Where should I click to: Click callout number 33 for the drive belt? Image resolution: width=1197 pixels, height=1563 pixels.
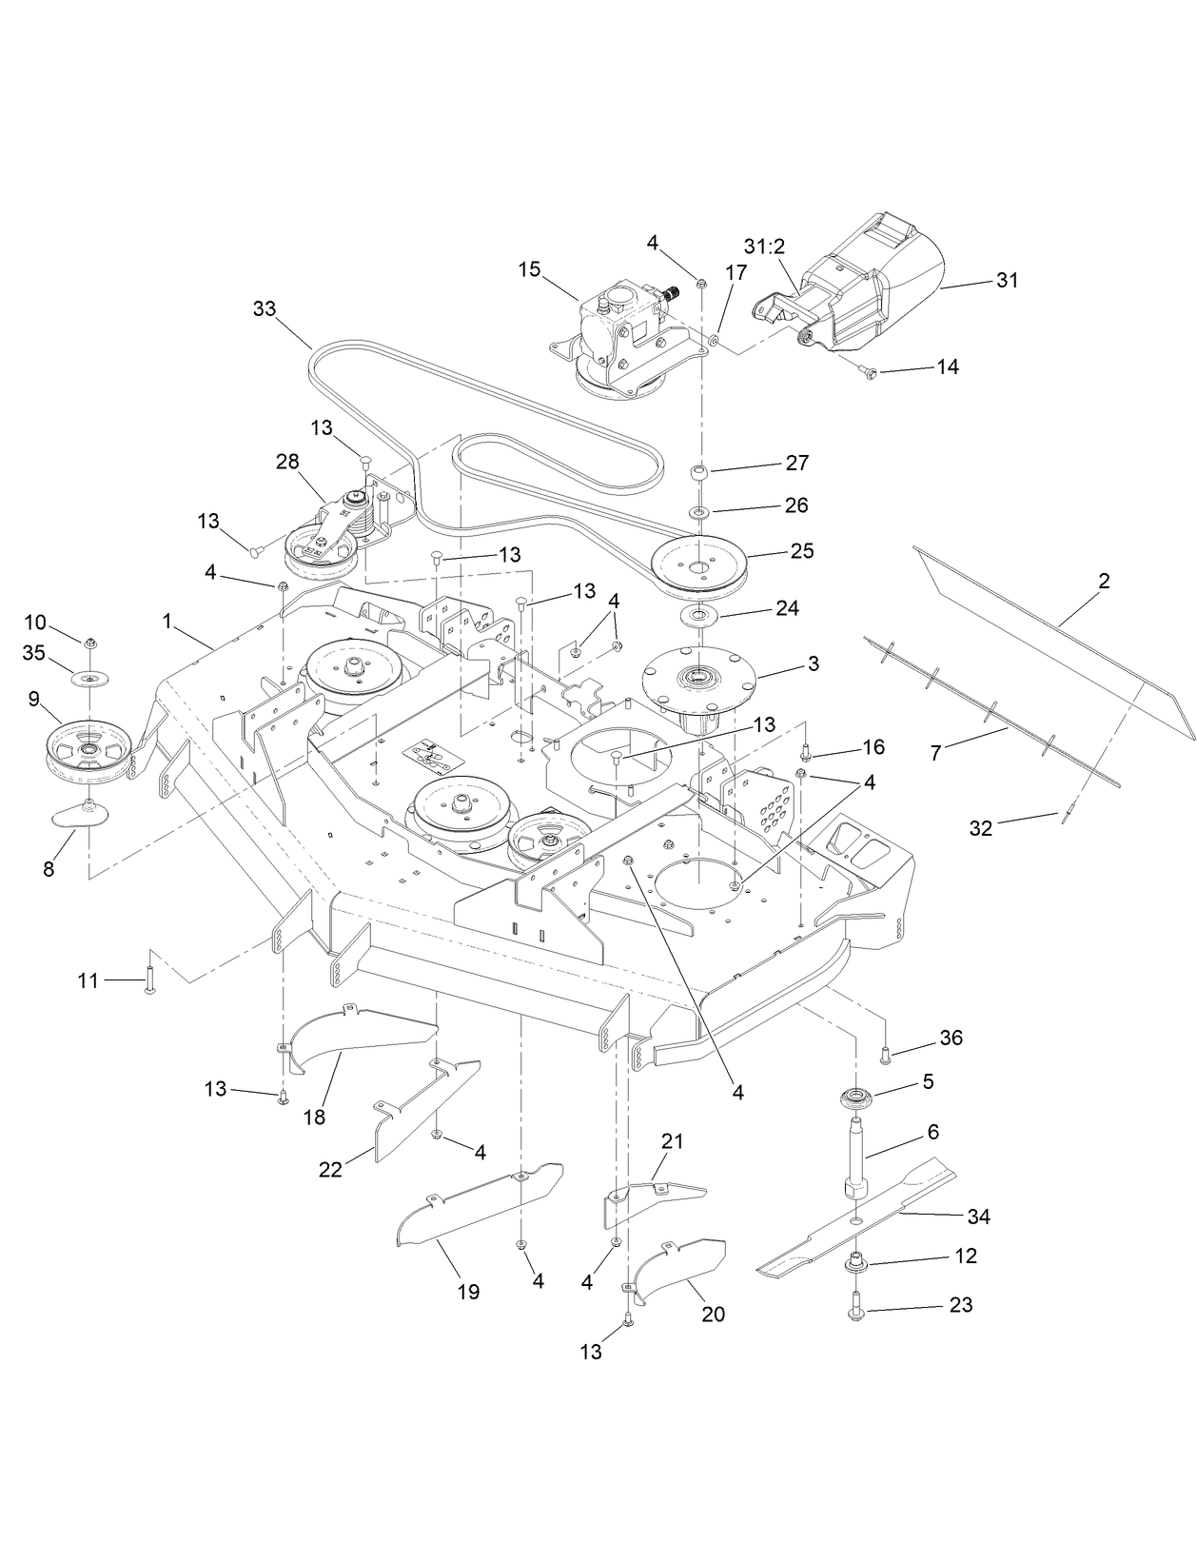264,309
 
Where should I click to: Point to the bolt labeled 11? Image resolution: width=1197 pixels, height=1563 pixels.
149,980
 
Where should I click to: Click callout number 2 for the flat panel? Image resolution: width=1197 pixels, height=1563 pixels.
1104,581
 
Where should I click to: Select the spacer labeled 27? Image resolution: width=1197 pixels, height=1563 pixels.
699,473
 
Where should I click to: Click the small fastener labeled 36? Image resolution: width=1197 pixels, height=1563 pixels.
885,1054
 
